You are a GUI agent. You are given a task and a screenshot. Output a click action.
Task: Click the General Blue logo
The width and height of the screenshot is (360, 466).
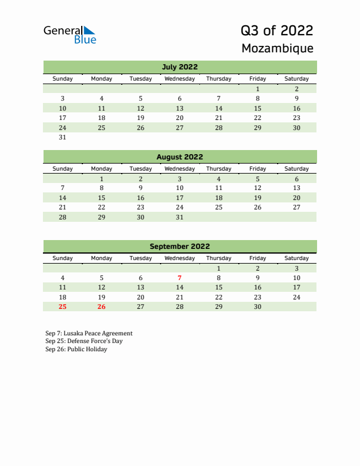click(69, 34)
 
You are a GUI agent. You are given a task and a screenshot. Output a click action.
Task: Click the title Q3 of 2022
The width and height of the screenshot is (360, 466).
click(276, 31)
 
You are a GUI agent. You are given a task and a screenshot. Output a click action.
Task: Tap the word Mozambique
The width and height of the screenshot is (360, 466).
click(277, 48)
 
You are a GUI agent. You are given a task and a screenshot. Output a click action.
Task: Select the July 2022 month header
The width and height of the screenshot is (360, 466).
click(179, 67)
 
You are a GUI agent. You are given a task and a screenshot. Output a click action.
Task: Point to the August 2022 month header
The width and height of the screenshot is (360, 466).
click(179, 157)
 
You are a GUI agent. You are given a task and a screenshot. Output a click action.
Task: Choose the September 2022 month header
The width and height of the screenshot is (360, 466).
click(179, 247)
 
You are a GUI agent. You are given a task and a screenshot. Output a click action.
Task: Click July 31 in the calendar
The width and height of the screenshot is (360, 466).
click(63, 138)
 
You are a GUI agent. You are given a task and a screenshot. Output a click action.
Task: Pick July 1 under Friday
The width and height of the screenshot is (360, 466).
click(257, 89)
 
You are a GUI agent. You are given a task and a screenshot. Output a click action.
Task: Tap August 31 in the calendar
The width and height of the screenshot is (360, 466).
click(179, 217)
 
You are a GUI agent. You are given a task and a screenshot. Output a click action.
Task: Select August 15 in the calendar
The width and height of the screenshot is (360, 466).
click(102, 198)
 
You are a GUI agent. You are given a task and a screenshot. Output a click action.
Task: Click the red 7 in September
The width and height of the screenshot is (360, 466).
click(179, 278)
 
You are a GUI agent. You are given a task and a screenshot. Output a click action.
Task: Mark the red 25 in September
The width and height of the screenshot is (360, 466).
click(63, 307)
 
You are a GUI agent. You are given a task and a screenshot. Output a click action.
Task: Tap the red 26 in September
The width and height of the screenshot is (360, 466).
click(102, 307)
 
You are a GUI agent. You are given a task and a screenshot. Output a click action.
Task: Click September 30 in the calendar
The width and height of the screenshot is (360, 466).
click(257, 307)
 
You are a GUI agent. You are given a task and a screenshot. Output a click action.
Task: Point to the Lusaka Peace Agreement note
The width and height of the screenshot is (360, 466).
click(89, 333)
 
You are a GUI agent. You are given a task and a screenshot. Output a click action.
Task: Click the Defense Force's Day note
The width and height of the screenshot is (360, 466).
click(84, 341)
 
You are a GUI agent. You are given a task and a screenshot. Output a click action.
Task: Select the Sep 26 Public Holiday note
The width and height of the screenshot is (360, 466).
click(76, 349)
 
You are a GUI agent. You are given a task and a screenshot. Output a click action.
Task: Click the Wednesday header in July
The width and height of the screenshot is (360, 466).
click(179, 79)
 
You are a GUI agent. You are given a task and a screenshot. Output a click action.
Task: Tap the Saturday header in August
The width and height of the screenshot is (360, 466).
click(296, 168)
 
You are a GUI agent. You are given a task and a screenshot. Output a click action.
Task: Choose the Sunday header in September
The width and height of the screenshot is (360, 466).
click(63, 258)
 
